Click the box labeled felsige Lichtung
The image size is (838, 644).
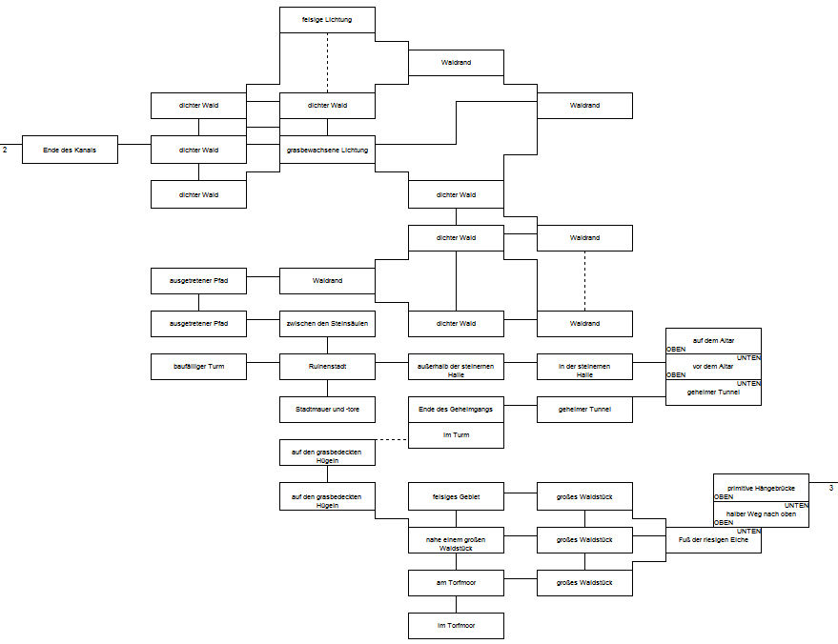tap(327, 20)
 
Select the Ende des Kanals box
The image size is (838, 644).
tap(70, 150)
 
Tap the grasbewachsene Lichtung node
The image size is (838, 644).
tap(327, 150)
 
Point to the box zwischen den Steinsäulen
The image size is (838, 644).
tap(327, 323)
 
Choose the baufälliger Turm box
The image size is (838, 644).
tap(198, 366)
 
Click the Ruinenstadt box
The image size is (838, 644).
tap(327, 366)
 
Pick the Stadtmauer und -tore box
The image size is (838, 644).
tap(327, 410)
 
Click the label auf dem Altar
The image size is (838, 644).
tap(713, 341)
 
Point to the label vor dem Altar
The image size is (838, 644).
tap(713, 366)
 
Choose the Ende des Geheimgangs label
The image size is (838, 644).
tap(456, 409)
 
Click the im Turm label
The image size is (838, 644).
tap(456, 434)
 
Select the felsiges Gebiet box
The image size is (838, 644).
tap(456, 495)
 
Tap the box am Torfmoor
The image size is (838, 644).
tap(456, 582)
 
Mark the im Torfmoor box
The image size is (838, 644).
tap(456, 625)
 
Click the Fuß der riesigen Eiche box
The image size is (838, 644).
tap(713, 540)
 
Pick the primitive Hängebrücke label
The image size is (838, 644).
tap(761, 488)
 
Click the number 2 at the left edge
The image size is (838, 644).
tap(5, 150)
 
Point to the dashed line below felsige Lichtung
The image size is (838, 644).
tap(327, 62)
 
